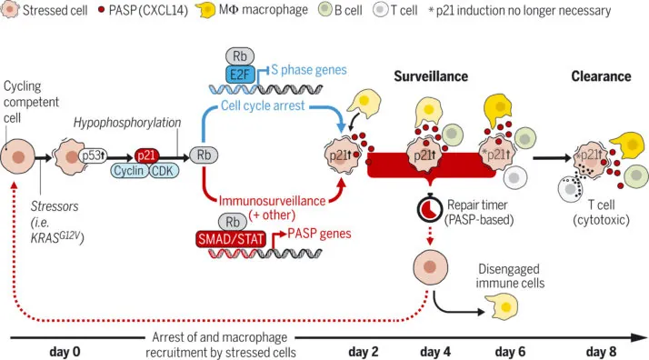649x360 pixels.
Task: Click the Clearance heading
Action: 601,76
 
